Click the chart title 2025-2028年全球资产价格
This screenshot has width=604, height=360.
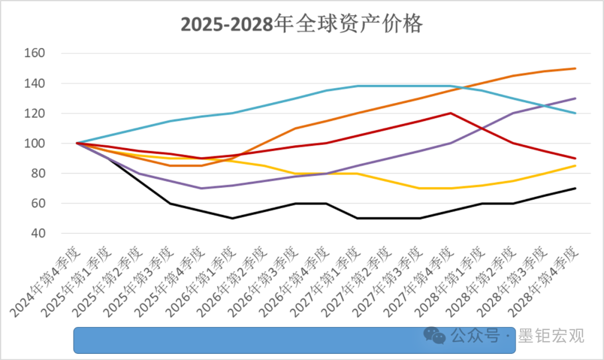pyautogui.click(x=301, y=25)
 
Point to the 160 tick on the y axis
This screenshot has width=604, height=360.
pyautogui.click(x=34, y=54)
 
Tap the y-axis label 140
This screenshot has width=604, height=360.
pyautogui.click(x=34, y=83)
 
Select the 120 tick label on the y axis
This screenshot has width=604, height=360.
pyautogui.click(x=34, y=113)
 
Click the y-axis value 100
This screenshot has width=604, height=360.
pyautogui.click(x=34, y=144)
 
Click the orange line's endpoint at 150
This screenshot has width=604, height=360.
pyautogui.click(x=575, y=69)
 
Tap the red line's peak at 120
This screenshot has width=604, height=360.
pyautogui.click(x=451, y=113)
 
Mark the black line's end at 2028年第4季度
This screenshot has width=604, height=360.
pyautogui.click(x=575, y=188)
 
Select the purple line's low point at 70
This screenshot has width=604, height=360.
pyautogui.click(x=201, y=188)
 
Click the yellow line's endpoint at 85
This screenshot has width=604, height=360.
pyautogui.click(x=575, y=165)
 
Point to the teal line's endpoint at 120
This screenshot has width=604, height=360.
pyautogui.click(x=575, y=113)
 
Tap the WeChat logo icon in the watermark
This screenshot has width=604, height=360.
pyautogui.click(x=434, y=335)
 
